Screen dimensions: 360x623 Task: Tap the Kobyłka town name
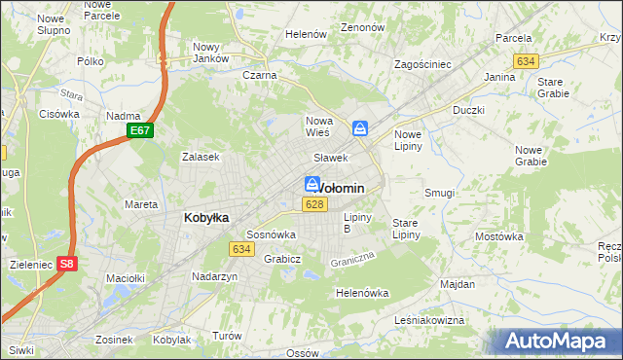(206, 218)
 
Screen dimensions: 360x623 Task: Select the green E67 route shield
(140, 130)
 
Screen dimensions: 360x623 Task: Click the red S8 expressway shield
(65, 263)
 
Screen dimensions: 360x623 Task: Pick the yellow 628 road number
(313, 204)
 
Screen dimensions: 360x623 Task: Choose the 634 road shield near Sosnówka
(242, 249)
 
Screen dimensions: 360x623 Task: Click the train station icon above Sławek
(360, 127)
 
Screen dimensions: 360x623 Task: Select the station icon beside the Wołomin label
(311, 183)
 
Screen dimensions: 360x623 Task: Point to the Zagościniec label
(422, 64)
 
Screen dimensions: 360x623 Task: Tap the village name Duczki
(468, 110)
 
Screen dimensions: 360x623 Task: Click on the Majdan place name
(457, 284)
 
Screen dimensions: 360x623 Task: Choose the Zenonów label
(363, 27)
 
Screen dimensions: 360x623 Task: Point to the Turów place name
(227, 336)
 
